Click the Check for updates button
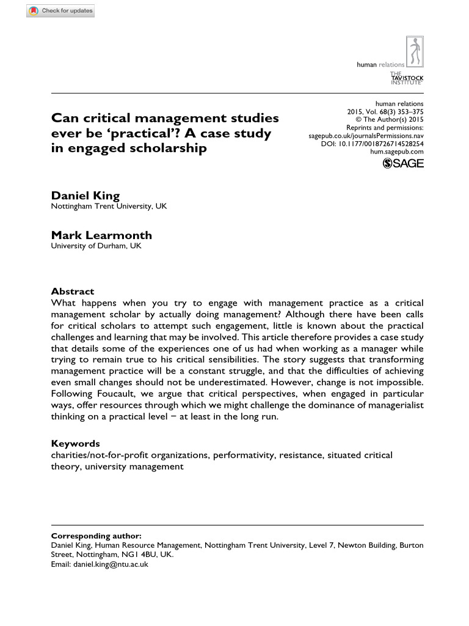click(60, 11)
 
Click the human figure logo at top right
click(415, 52)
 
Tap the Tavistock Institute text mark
click(407, 78)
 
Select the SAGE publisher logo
click(402, 163)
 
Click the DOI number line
click(372, 144)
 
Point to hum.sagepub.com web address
click(397, 152)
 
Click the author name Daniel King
click(85, 195)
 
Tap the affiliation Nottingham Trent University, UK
click(109, 207)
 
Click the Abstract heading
click(72, 292)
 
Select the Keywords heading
click(75, 443)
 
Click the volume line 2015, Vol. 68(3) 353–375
click(385, 112)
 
